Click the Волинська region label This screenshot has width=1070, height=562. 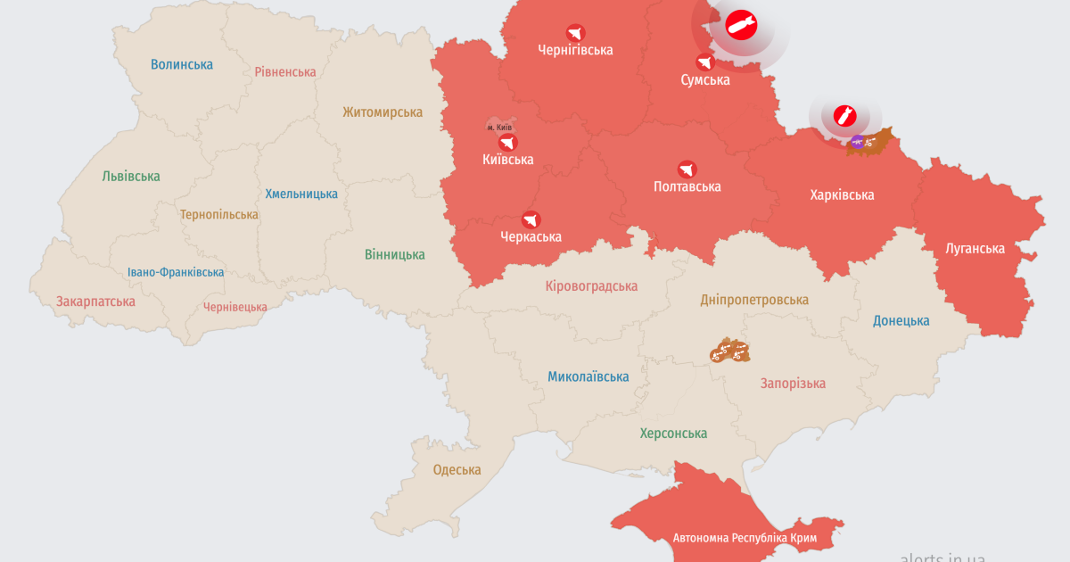coord(182,64)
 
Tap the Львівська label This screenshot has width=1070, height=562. coord(131,176)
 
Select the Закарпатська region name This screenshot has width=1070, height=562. coord(95,302)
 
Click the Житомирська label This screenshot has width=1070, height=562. coord(383,112)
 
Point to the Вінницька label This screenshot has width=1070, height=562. coord(395,254)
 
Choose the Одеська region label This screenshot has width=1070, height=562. coord(457,469)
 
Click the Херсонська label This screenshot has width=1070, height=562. coord(673,434)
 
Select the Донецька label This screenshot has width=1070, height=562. coord(901,320)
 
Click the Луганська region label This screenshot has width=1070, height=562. coord(975,249)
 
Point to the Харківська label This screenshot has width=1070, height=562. coord(842,194)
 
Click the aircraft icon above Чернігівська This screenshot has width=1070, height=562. coord(575,33)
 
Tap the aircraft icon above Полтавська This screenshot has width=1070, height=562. coord(687,169)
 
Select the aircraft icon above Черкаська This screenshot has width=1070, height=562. coord(531,219)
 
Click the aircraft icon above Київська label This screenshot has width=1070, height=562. coord(507,143)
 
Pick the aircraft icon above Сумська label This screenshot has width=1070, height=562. coord(705,62)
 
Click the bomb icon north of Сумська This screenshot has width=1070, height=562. coord(740,26)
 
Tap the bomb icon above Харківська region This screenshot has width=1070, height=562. coord(844,115)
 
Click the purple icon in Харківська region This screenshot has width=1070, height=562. coord(857,141)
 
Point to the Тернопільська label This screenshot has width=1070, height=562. coord(218,215)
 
